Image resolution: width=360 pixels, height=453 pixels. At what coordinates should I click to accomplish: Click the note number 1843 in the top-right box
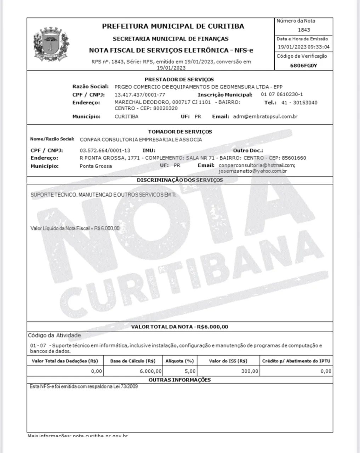click(x=304, y=30)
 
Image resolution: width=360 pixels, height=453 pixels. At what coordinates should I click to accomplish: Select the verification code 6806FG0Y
click(x=303, y=65)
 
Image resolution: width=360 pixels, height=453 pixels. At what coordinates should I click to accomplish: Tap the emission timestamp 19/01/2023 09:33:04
click(x=303, y=47)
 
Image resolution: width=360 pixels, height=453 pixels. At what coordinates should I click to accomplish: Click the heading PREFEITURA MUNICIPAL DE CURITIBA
click(x=173, y=26)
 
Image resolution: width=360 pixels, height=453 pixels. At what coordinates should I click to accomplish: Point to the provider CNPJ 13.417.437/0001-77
click(x=140, y=95)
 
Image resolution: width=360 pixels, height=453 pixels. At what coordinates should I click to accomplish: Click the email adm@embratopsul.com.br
click(x=265, y=116)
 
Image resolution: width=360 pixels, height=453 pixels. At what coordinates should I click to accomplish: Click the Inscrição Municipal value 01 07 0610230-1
click(x=282, y=94)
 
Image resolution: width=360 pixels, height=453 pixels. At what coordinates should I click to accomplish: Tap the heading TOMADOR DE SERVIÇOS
click(x=180, y=132)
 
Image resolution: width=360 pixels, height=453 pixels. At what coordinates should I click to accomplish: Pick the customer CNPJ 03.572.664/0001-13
click(x=105, y=150)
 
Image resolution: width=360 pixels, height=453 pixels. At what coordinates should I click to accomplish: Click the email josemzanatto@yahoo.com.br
click(x=253, y=171)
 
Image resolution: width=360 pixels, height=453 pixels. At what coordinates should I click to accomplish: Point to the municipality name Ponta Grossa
click(x=96, y=166)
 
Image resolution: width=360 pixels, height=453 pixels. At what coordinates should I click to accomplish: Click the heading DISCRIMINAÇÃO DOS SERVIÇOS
click(x=180, y=180)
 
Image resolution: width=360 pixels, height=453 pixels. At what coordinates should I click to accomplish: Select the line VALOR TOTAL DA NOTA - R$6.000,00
click(x=180, y=327)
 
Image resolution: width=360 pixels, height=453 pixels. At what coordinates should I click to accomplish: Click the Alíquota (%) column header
click(x=179, y=361)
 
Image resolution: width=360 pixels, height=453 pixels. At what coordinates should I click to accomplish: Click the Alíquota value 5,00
click(x=190, y=371)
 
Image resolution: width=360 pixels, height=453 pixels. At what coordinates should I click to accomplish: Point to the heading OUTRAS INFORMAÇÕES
click(x=179, y=380)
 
